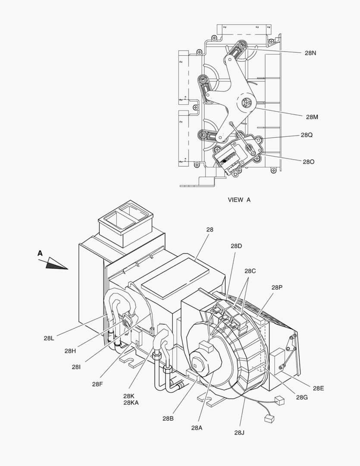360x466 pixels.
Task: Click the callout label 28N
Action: pos(310,53)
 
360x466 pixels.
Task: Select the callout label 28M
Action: pos(312,117)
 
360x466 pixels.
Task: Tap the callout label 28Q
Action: pos(307,135)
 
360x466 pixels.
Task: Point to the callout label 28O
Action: pos(309,162)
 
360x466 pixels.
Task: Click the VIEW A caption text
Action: pos(239,200)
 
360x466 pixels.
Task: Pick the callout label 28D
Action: pos(236,246)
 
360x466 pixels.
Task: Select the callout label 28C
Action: pos(250,271)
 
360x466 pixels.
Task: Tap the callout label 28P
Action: pos(277,287)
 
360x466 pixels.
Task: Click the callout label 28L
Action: pos(49,338)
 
